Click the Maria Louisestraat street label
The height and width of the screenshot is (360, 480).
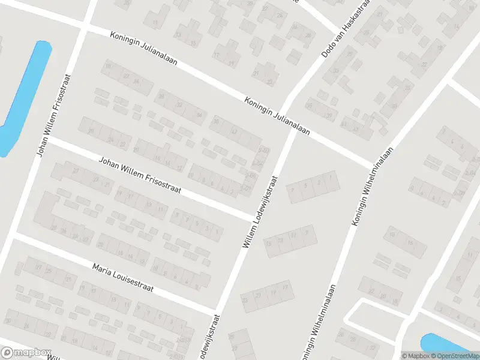click(x=123, y=277)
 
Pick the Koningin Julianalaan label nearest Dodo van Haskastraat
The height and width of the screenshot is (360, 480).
click(x=277, y=115)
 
